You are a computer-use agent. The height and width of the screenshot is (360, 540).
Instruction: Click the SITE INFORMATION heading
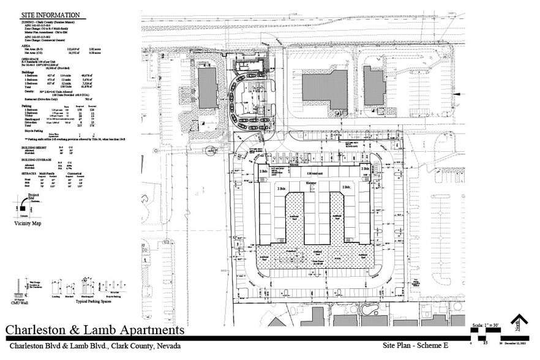pos(50,15)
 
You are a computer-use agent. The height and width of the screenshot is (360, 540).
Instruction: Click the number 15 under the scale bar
pos(485,343)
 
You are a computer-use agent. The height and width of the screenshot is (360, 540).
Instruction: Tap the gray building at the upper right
pos(375,85)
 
